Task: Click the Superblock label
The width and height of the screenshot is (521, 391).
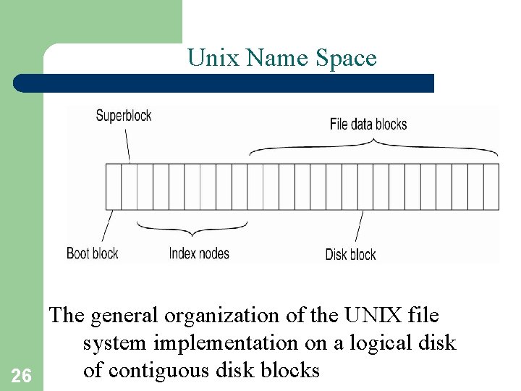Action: point(123,116)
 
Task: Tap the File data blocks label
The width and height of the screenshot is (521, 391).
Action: point(368,125)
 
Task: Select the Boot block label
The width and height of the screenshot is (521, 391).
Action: point(92,253)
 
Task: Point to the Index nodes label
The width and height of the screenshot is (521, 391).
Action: point(198,253)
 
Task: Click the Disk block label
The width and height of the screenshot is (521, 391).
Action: point(350,254)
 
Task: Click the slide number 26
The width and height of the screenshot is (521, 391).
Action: point(22,375)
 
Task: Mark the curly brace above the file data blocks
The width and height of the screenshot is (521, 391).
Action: point(373,147)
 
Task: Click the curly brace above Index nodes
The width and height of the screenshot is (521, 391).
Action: point(192,230)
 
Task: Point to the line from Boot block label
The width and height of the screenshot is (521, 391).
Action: point(107,227)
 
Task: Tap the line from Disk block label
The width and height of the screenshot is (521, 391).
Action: point(359,227)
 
